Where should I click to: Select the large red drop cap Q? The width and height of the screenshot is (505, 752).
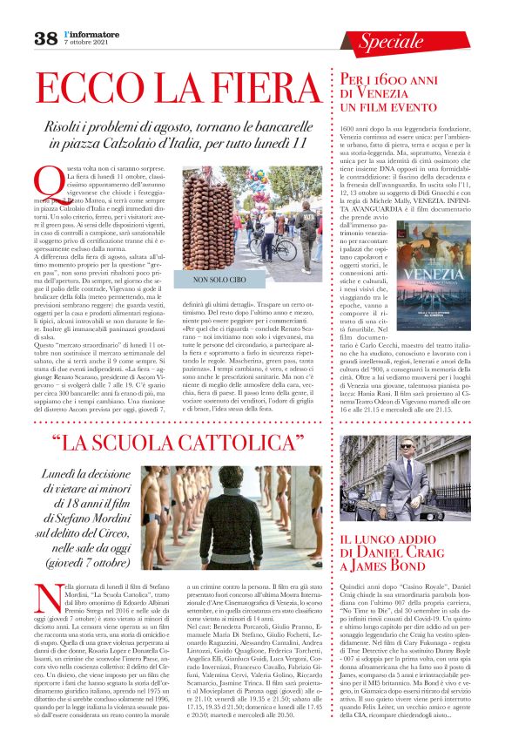click(46, 183)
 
